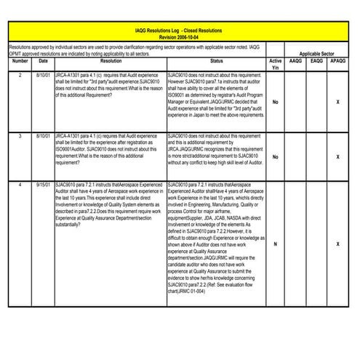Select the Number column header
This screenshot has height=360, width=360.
tap(20, 62)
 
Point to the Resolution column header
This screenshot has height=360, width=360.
tap(111, 62)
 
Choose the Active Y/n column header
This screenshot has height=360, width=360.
tap(275, 64)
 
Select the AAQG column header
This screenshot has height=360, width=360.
tap(296, 62)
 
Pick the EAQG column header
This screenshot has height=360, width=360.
tap(316, 62)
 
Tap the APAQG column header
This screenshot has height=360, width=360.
tap(338, 62)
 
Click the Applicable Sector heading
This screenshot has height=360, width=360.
tap(317, 54)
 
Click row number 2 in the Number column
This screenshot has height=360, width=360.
tap(20, 75)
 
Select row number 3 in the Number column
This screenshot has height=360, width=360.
tap(20, 135)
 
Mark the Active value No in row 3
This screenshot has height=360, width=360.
tap(275, 157)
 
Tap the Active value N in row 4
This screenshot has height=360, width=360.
tap(275, 244)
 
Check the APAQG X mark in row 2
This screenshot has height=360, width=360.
tap(338, 102)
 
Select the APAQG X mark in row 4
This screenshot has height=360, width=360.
tap(338, 244)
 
